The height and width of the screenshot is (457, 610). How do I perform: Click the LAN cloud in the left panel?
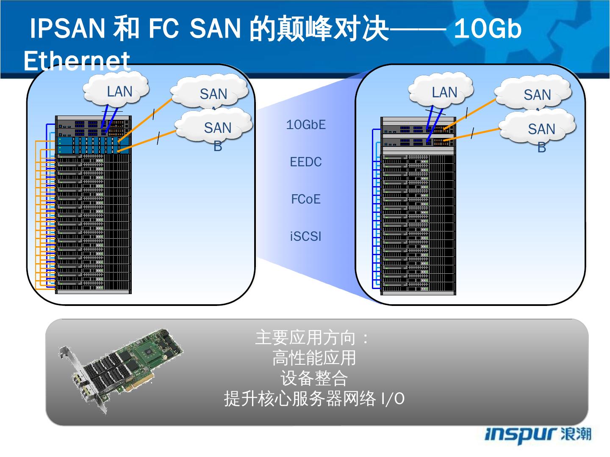(117, 90)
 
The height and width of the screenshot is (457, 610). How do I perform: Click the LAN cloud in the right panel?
(442, 91)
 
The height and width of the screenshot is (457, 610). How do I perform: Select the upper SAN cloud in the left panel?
(211, 93)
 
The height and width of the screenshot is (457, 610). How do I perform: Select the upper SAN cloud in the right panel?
(535, 94)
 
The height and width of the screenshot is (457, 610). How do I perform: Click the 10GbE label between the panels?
(306, 125)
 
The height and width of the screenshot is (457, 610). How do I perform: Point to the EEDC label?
(306, 162)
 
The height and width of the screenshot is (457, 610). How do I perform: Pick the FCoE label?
(306, 199)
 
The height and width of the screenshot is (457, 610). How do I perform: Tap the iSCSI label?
(306, 236)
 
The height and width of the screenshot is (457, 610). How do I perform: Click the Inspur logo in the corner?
(538, 435)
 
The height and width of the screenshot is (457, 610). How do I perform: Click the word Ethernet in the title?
(77, 61)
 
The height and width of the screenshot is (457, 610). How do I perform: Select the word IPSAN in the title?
(67, 29)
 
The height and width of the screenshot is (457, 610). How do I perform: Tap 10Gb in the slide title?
(488, 29)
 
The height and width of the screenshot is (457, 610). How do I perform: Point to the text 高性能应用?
(314, 358)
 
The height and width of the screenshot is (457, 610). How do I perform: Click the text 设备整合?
(314, 378)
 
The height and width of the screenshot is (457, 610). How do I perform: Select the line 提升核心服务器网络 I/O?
(314, 399)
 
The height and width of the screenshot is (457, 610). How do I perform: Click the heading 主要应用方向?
(306, 338)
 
